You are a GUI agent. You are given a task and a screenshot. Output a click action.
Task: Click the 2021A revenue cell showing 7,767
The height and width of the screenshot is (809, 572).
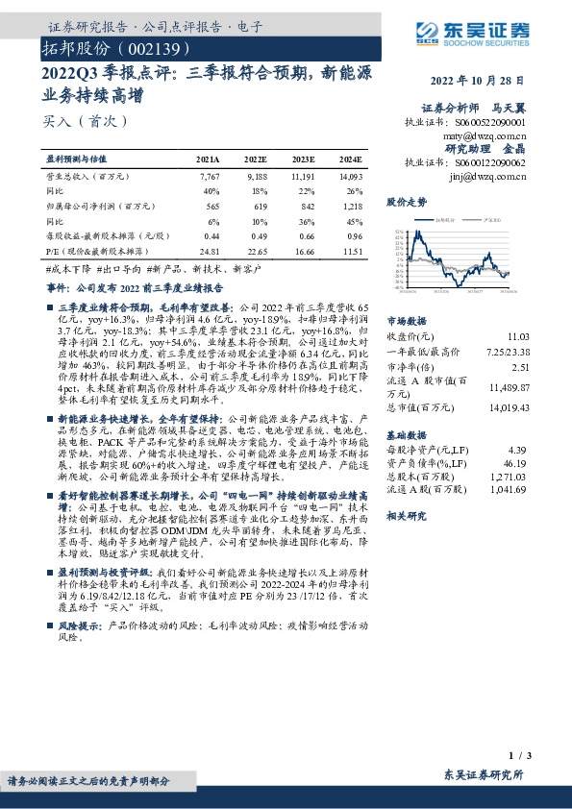[210, 177]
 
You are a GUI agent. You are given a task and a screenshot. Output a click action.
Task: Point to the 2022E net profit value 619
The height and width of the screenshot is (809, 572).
[258, 205]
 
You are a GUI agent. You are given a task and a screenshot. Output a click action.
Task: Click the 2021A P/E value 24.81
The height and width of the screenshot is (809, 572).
[211, 250]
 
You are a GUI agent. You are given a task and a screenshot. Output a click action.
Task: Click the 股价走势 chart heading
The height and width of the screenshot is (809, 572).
[406, 203]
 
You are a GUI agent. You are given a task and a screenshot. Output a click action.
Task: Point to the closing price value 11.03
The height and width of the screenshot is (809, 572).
[517, 337]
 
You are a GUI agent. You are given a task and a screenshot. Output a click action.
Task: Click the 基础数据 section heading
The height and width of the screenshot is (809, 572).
[406, 434]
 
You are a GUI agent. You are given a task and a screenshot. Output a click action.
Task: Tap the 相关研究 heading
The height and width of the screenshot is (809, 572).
[406, 516]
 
